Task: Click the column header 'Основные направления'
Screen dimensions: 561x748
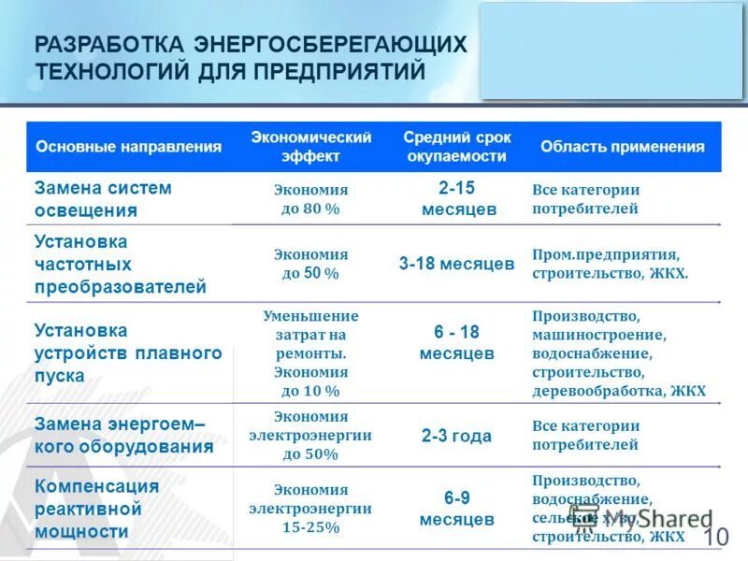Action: point(128,147)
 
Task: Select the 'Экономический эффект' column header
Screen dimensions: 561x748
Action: point(311,147)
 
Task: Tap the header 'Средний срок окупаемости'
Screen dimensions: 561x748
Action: point(457,147)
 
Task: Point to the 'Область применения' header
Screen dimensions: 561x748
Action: point(622,147)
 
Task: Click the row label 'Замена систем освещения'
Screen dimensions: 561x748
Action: point(103,198)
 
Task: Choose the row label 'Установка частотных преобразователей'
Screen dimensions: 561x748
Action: point(120,264)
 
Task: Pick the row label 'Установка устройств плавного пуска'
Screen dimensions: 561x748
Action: point(127,352)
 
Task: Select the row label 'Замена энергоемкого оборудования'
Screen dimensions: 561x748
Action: point(124,435)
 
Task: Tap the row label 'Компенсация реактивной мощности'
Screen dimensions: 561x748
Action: point(96,509)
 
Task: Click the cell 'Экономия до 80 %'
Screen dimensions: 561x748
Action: point(310,198)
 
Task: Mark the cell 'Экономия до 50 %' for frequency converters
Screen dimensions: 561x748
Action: point(310,264)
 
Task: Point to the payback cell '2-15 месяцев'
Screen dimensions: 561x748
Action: point(458,198)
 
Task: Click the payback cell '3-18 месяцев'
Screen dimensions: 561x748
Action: point(456,264)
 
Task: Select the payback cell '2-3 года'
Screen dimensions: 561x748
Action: point(456,436)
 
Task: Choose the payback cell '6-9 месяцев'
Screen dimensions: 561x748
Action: point(457,509)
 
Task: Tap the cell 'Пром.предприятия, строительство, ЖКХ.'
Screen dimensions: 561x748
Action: point(610,264)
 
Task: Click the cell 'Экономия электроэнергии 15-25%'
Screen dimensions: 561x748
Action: point(310,509)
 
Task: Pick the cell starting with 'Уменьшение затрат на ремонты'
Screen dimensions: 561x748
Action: point(310,352)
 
